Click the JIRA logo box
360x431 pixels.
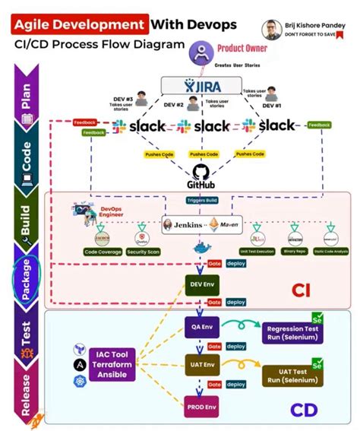201,86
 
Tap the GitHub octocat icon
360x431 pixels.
201,172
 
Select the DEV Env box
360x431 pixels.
200,286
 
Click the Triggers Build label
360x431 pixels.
201,200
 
